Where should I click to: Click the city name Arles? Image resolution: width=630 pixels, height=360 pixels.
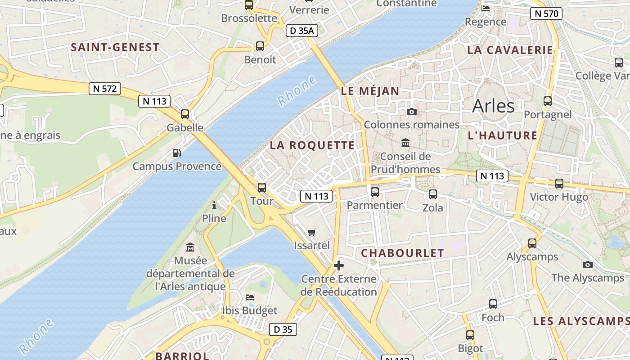click(x=493, y=106)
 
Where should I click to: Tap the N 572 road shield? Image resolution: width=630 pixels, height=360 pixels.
click(x=105, y=89)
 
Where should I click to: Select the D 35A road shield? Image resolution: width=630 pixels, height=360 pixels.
click(x=302, y=31)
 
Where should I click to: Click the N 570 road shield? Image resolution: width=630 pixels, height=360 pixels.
click(x=547, y=13)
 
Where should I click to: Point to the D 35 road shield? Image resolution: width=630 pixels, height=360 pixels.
click(x=283, y=329)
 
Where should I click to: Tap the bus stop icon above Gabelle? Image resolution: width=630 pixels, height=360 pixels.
click(x=185, y=114)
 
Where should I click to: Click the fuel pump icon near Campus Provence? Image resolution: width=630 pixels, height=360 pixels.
click(x=177, y=153)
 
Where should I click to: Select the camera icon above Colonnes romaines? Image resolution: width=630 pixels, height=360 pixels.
click(x=411, y=112)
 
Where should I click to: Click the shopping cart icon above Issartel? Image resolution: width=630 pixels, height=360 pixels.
click(x=312, y=233)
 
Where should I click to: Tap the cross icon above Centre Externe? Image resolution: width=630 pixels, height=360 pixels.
click(x=339, y=265)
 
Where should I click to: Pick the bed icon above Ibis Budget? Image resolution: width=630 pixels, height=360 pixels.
click(x=250, y=297)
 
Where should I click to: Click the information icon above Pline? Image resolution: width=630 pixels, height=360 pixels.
click(x=214, y=206)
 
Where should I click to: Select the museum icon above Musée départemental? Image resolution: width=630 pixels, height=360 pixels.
click(x=190, y=247)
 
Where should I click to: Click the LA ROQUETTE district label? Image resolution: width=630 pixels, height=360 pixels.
click(x=312, y=145)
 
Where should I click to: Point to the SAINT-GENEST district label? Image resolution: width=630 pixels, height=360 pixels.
click(x=115, y=47)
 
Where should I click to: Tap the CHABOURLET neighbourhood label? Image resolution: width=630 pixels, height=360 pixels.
click(x=402, y=253)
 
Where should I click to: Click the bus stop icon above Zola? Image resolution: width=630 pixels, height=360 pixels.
click(x=433, y=194)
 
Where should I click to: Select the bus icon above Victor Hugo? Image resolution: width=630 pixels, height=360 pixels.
click(x=559, y=184)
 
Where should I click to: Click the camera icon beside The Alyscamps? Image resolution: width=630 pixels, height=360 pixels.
click(x=587, y=265)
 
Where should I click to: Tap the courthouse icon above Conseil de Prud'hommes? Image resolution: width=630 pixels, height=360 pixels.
click(x=405, y=143)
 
